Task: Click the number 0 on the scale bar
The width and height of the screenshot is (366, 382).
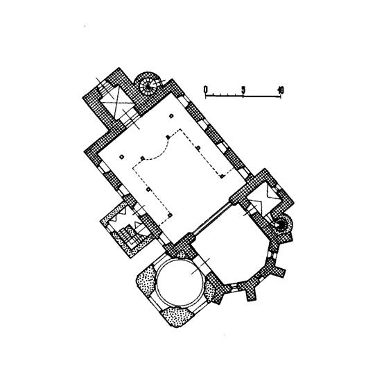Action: click(206, 90)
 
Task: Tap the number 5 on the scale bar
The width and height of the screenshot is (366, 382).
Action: click(243, 90)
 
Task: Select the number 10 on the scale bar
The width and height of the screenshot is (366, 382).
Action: click(281, 90)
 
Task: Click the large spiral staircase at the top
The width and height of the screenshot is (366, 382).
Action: click(148, 85)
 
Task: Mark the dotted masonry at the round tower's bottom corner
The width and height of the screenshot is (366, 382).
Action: click(177, 317)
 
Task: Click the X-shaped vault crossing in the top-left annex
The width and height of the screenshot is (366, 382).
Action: click(116, 103)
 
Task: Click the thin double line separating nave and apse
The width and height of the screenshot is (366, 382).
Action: click(212, 219)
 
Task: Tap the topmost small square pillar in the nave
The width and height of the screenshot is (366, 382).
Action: click(171, 116)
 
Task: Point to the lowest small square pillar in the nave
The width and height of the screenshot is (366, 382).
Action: click(171, 215)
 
